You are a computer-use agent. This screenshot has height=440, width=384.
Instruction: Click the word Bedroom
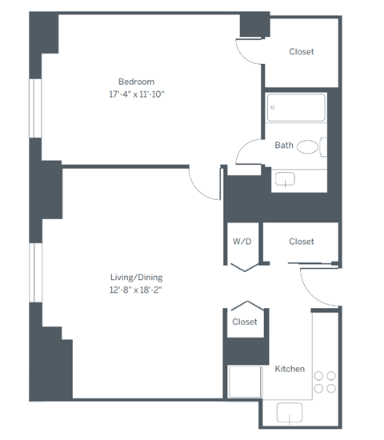coord(136,82)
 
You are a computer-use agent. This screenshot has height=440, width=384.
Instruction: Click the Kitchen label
coord(290,369)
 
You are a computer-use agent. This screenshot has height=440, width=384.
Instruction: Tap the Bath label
coord(284,146)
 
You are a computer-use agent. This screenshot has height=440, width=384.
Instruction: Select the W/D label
coord(242,241)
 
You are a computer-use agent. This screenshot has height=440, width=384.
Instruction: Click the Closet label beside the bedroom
coord(301,52)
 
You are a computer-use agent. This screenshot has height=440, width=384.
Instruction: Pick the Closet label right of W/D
coord(301,241)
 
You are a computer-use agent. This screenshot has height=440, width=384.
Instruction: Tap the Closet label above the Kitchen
coord(244,322)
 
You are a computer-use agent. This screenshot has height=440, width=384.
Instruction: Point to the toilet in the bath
coord(308,146)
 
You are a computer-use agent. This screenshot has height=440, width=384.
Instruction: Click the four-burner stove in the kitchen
coord(325,381)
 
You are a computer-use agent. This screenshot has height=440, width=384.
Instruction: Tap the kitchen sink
coord(289,413)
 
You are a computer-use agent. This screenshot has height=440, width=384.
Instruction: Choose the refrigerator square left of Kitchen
coord(244,382)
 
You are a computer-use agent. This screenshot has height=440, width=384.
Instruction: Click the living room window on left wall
coord(35,273)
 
